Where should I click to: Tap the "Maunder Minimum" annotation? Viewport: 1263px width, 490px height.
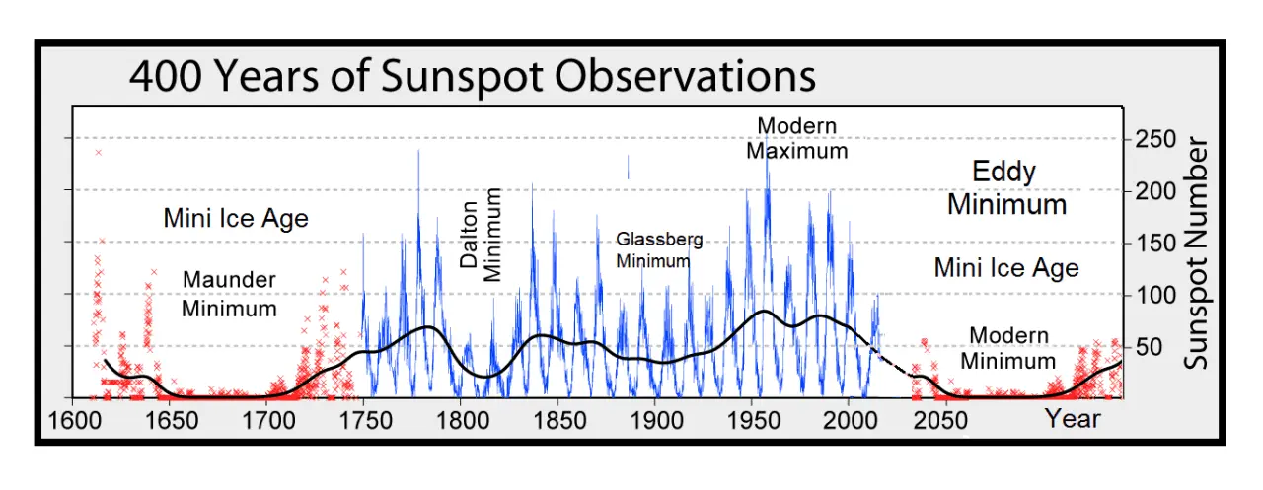(x=229, y=294)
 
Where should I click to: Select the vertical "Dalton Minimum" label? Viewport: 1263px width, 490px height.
(x=481, y=235)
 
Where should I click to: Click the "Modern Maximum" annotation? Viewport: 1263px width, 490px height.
(x=796, y=139)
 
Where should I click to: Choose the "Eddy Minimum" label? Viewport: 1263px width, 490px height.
(x=1006, y=187)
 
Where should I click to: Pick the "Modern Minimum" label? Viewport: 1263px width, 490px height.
(x=1008, y=348)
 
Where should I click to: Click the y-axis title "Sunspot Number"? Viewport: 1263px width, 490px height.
(x=1197, y=253)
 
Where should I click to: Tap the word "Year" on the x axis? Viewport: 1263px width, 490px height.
(x=1073, y=419)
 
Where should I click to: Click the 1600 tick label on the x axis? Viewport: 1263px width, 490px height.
(x=73, y=421)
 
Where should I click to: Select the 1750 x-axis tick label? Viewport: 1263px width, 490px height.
(x=363, y=421)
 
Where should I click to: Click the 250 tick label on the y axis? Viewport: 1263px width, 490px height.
(x=1155, y=140)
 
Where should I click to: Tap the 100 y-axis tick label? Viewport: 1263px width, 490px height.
(x=1155, y=295)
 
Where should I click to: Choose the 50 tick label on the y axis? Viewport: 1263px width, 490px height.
(x=1149, y=347)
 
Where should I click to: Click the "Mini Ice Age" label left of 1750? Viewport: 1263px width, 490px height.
(x=236, y=218)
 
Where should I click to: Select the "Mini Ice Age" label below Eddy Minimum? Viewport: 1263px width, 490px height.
(x=1006, y=267)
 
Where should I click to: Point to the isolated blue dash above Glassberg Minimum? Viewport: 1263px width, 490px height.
(x=628, y=168)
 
